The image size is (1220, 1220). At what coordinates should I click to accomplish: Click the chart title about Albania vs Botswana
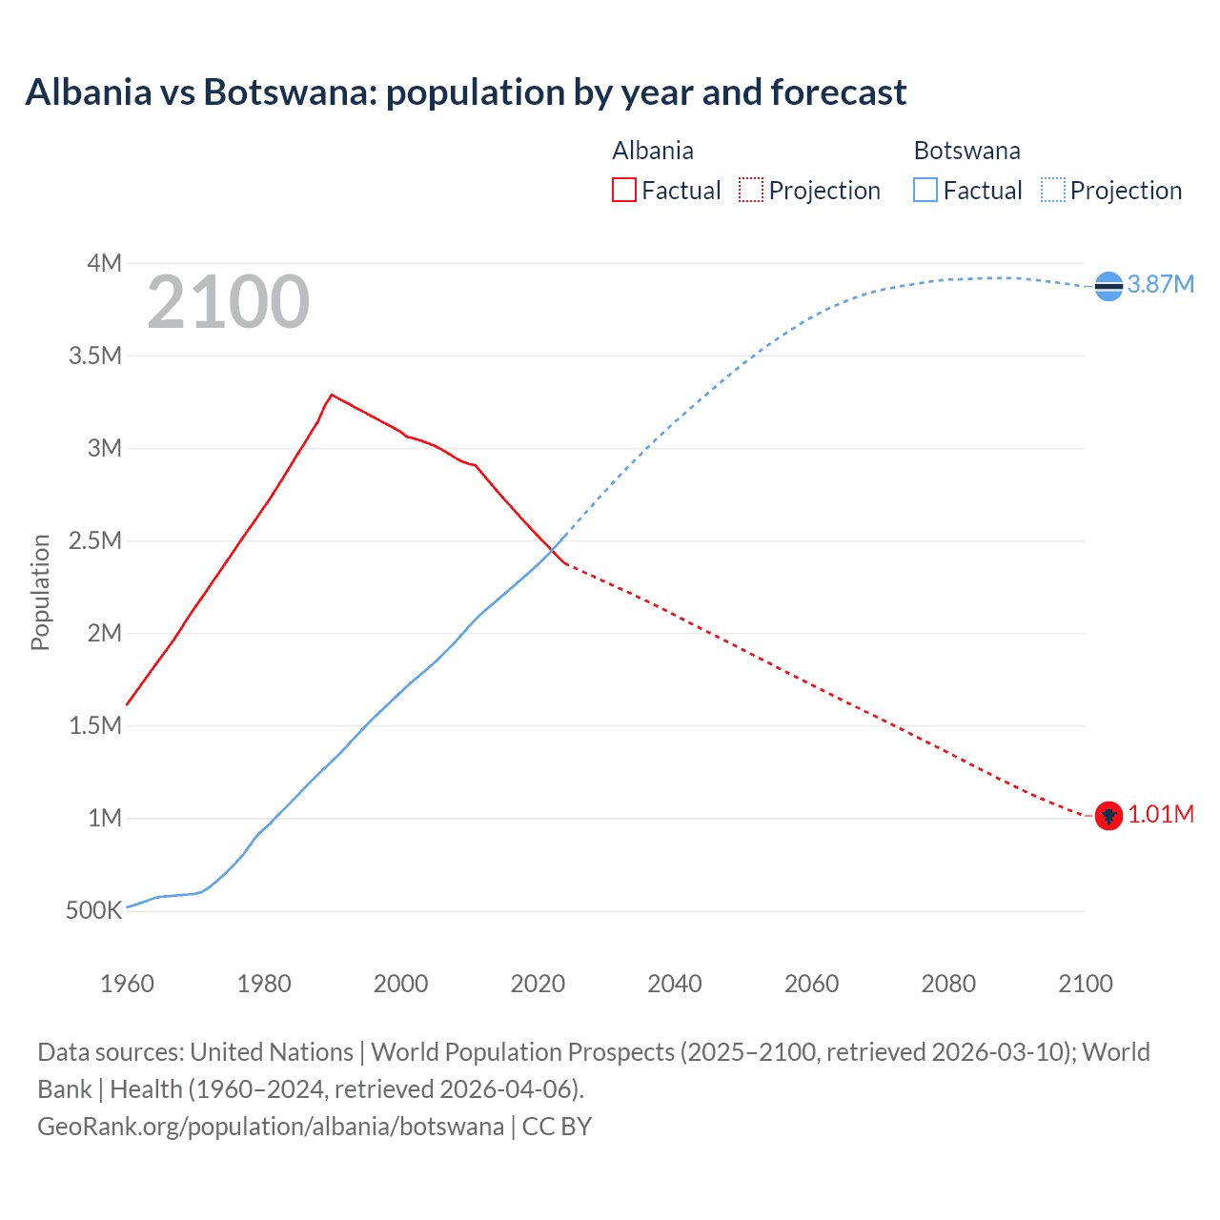click(x=465, y=92)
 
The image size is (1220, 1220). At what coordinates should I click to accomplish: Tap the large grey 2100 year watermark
click(x=228, y=302)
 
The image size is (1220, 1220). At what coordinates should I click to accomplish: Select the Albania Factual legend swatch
click(x=623, y=191)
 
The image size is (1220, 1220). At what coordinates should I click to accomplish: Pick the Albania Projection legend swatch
click(x=750, y=191)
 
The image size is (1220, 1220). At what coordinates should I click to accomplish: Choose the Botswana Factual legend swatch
click(x=925, y=191)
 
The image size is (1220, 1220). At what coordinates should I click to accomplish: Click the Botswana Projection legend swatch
click(x=1052, y=191)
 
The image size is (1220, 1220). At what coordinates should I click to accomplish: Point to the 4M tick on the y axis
click(x=104, y=263)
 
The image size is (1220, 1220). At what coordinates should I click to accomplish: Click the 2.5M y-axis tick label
click(x=95, y=541)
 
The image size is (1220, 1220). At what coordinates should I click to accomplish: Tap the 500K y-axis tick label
click(x=93, y=911)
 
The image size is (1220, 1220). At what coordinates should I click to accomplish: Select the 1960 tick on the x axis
click(x=127, y=984)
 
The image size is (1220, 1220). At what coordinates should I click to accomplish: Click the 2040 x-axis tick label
click(x=675, y=984)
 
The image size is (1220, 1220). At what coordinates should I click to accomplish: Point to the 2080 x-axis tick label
click(x=948, y=984)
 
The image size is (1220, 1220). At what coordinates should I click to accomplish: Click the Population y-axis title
click(x=40, y=592)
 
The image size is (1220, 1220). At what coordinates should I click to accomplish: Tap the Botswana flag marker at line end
click(x=1108, y=286)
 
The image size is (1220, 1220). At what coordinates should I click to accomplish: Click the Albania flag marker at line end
click(x=1108, y=816)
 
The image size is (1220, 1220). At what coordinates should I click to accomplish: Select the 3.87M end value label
click(x=1160, y=285)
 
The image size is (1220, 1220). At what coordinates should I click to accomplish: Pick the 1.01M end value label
click(x=1160, y=815)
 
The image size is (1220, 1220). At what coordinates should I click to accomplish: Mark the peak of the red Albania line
click(x=332, y=394)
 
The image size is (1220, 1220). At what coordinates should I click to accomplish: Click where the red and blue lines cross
click(x=552, y=550)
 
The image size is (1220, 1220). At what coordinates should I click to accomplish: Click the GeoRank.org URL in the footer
click(x=271, y=1127)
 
